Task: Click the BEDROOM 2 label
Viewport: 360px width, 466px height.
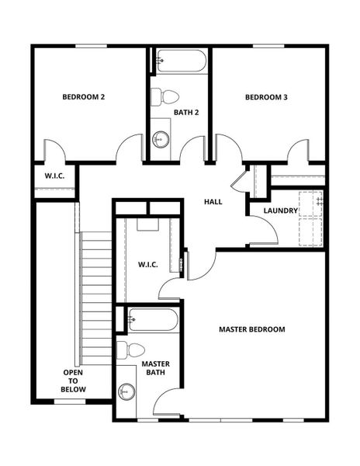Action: click(x=83, y=97)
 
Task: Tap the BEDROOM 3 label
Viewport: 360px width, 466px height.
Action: click(x=266, y=97)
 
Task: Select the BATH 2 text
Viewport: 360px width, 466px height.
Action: click(x=186, y=113)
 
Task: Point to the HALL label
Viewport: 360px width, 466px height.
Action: click(x=213, y=202)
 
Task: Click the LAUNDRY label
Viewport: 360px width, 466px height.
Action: click(x=281, y=210)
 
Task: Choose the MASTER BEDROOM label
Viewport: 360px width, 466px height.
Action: click(x=251, y=329)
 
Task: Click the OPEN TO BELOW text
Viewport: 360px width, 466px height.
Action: click(x=74, y=381)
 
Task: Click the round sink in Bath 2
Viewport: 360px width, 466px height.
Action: click(x=161, y=140)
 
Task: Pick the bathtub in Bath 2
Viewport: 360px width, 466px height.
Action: click(x=180, y=61)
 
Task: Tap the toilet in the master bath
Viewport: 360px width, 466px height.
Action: click(x=132, y=349)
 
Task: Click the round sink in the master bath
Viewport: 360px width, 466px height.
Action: click(x=126, y=391)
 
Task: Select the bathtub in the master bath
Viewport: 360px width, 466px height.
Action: click(x=152, y=318)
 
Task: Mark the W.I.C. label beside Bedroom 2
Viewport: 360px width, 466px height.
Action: click(x=54, y=176)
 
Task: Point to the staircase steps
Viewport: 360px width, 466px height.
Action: click(x=97, y=295)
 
